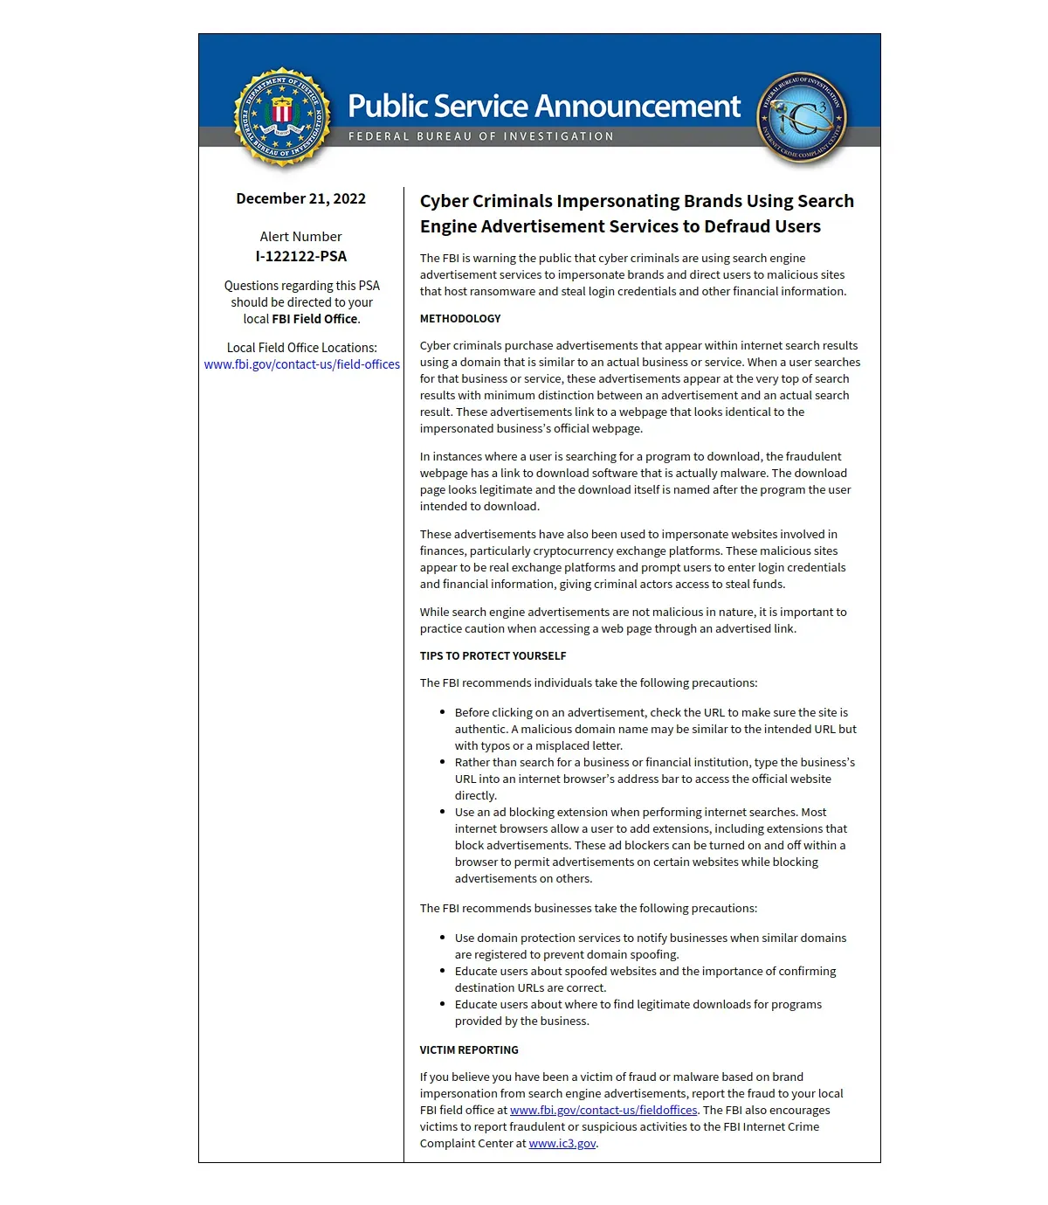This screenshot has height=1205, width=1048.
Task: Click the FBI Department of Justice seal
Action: (282, 116)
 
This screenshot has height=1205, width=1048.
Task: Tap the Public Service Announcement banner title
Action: (544, 107)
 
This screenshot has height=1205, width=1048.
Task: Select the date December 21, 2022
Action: (300, 198)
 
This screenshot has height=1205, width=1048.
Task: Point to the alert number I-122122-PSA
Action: (300, 256)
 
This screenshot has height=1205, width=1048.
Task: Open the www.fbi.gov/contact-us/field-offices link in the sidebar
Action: (302, 364)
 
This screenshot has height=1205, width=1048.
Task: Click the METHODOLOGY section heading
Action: (460, 319)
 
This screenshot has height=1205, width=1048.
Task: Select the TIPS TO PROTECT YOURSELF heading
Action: (493, 656)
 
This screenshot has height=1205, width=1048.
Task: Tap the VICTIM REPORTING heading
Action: (469, 1050)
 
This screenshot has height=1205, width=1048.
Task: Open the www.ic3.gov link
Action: (562, 1143)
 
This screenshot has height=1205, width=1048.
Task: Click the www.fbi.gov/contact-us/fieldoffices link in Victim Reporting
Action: (603, 1110)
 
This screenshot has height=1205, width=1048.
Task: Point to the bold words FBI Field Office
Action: (314, 319)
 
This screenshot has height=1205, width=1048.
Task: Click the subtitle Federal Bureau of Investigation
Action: (480, 136)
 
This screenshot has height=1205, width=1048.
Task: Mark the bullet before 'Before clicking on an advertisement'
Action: (443, 713)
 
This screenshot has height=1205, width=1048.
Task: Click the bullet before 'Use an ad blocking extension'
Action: (443, 813)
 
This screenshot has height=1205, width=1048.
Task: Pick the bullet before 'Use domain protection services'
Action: (443, 938)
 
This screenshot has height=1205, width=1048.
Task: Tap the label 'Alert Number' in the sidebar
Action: (300, 237)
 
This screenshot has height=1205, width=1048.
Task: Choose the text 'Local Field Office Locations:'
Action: (302, 348)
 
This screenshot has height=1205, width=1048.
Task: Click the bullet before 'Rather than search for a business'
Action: (443, 763)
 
